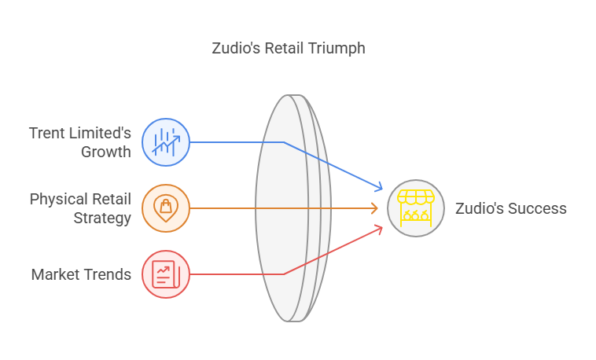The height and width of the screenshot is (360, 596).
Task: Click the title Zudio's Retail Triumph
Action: click(289, 48)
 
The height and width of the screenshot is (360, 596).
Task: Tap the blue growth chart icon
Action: click(166, 142)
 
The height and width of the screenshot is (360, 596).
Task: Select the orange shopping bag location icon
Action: click(166, 208)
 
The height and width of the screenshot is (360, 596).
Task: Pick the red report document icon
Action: click(166, 274)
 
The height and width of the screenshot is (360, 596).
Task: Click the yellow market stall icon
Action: click(416, 208)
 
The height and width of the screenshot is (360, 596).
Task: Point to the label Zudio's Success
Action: click(511, 208)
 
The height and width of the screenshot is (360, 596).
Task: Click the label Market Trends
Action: click(81, 274)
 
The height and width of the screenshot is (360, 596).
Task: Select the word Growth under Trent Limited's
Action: click(106, 152)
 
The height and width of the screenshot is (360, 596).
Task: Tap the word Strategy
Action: click(102, 219)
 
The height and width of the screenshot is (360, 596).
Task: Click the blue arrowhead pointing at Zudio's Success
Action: click(379, 186)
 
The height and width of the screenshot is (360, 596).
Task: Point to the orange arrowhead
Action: click(374, 208)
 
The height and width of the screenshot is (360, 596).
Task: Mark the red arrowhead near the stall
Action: click(379, 230)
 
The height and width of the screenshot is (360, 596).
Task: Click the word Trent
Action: click(44, 133)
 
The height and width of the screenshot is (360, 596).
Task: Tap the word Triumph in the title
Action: click(337, 49)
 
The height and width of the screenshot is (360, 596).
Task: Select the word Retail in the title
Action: click(284, 48)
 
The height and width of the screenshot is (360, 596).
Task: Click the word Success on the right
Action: click(537, 208)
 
